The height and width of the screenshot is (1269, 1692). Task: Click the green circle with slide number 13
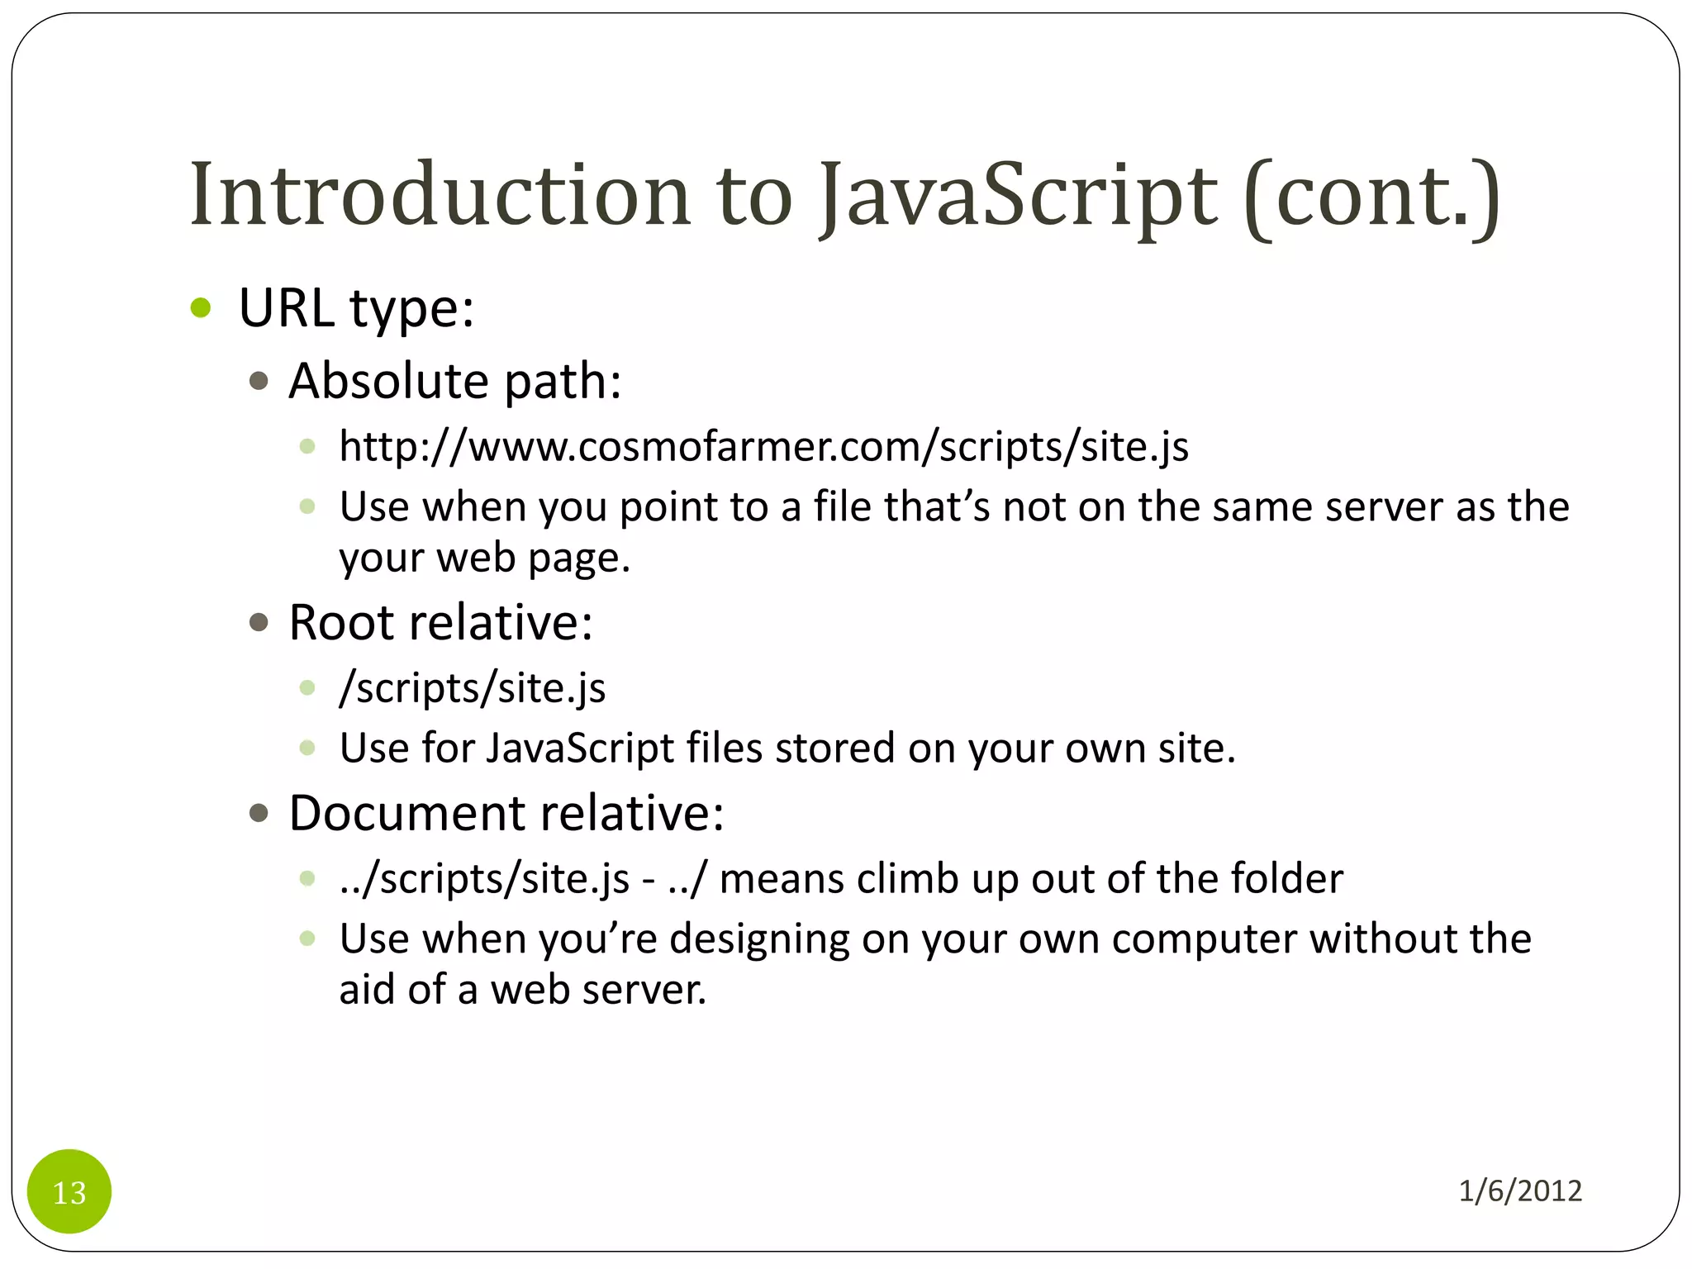coord(69,1191)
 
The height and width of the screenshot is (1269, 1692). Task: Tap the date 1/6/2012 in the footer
coord(1520,1191)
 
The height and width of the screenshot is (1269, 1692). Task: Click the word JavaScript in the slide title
coord(1018,195)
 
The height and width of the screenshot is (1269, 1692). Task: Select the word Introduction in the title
coord(440,195)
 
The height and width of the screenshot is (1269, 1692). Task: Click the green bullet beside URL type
coord(201,308)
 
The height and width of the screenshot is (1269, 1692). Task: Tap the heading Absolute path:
coord(454,381)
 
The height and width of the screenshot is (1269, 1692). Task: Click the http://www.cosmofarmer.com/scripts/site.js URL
coord(763,447)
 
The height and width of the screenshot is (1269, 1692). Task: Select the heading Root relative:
coord(440,622)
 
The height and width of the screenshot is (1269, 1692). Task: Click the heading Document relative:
coord(506,813)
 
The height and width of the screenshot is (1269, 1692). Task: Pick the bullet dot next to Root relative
coord(259,622)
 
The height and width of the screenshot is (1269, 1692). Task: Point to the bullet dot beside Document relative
coord(259,814)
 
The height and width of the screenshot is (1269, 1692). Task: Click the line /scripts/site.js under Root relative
coord(472,688)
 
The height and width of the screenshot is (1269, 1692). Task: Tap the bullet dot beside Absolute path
coord(259,381)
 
